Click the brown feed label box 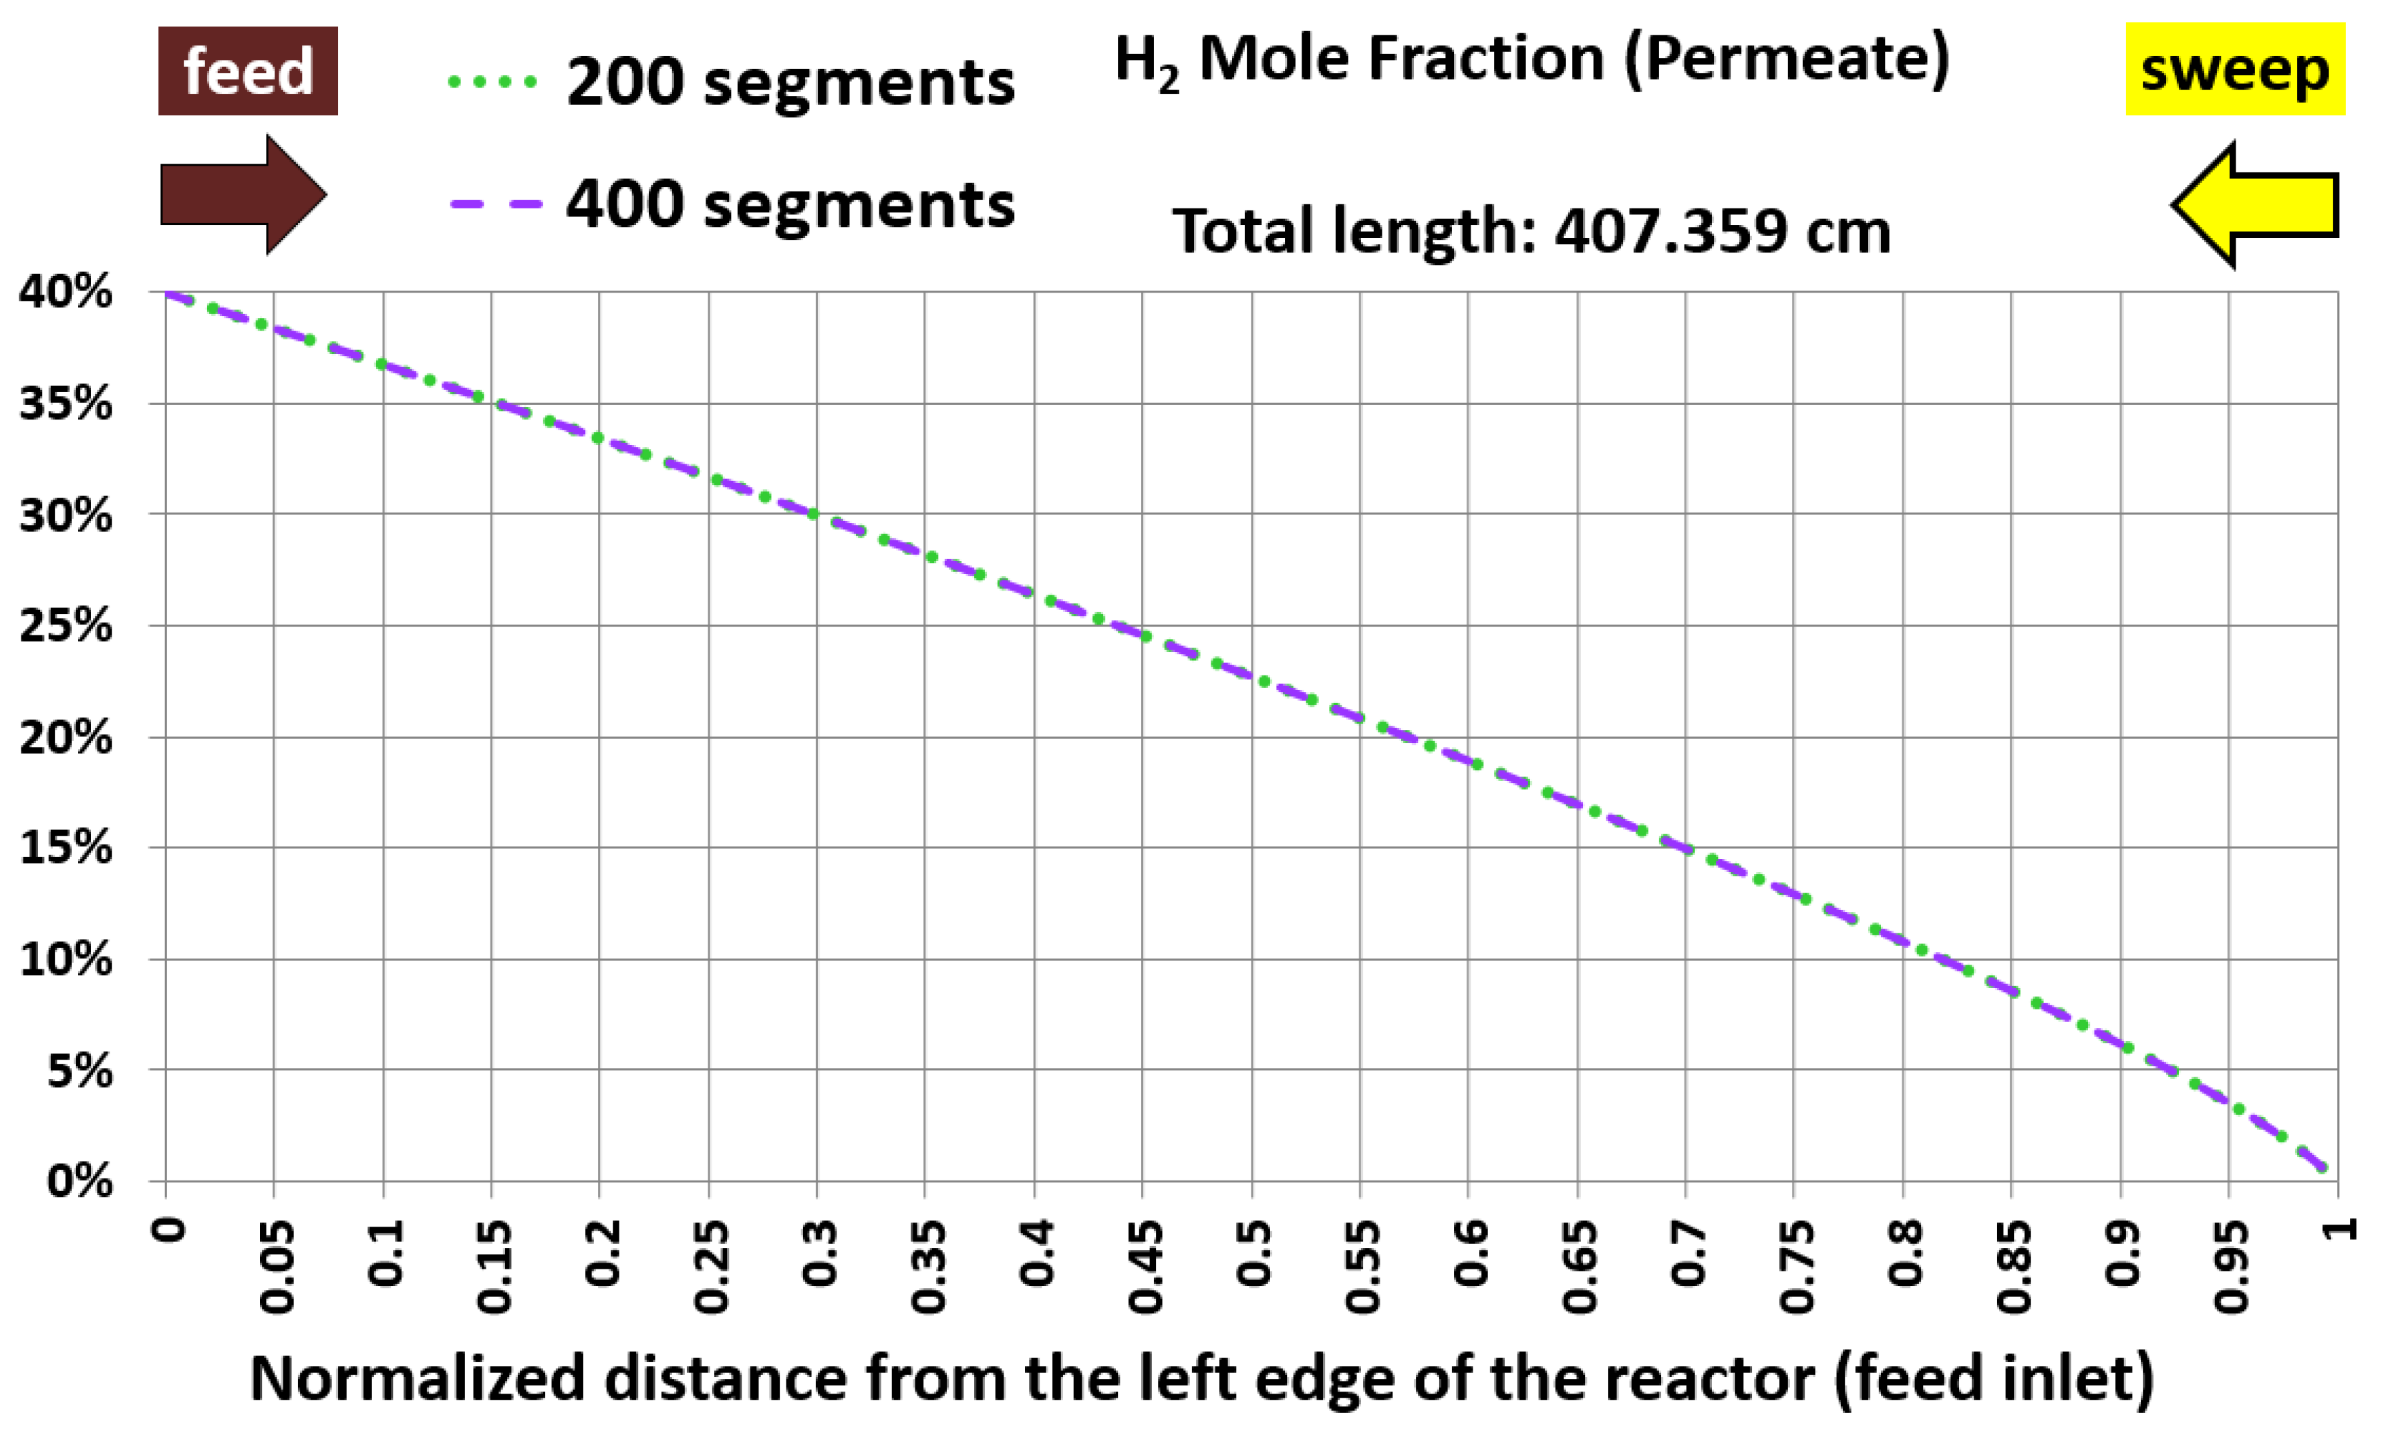248,70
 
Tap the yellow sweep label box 2234,69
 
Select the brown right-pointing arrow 243,195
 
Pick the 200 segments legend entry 733,81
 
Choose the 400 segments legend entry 733,204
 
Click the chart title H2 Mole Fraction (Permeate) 1531,59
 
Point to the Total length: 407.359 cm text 1531,231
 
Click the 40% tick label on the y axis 65,291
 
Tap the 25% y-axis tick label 65,626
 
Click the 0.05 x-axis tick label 277,1265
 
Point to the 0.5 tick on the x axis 1253,1253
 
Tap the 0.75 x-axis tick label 1796,1265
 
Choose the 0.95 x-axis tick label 2231,1265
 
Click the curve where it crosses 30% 816,514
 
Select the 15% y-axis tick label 65,848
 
